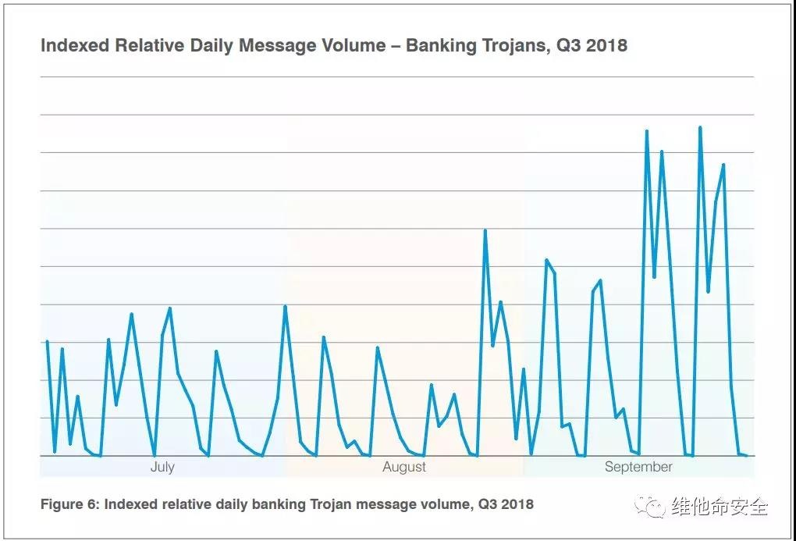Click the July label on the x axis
(x=162, y=467)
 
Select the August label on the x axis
(x=404, y=467)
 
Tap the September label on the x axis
(x=638, y=467)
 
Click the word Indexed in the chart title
(x=75, y=45)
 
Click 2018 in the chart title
(x=606, y=45)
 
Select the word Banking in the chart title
(x=442, y=45)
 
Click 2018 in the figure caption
(x=518, y=504)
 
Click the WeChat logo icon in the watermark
(x=651, y=507)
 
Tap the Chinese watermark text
(x=720, y=507)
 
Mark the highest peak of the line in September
(x=700, y=127)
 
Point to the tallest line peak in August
(x=485, y=230)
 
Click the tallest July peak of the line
(x=170, y=308)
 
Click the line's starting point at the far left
(x=47, y=342)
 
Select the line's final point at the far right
(x=746, y=455)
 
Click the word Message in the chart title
(x=275, y=45)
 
